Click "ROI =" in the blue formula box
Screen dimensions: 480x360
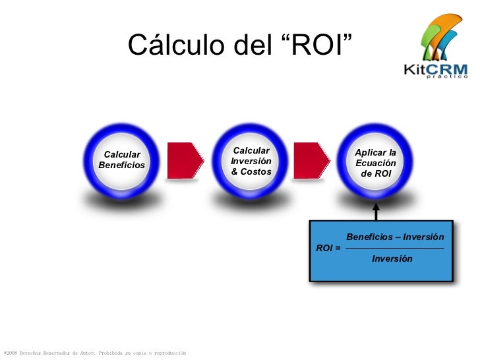click(x=328, y=249)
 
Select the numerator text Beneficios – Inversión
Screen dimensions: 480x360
click(x=395, y=237)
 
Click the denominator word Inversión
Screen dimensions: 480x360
click(x=392, y=259)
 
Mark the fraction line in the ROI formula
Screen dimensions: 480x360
click(x=395, y=248)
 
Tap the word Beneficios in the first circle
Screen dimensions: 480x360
click(x=121, y=165)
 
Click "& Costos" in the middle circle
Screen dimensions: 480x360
click(x=251, y=172)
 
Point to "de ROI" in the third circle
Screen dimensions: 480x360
click(x=376, y=173)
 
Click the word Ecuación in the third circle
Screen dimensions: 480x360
click(x=376, y=163)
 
